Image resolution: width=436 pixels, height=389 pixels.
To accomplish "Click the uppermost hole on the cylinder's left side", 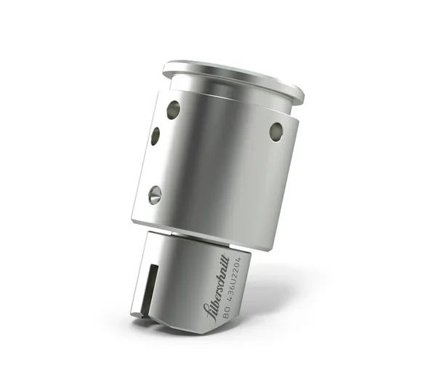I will (173, 110).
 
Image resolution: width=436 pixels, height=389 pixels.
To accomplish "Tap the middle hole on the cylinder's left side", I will (156, 136).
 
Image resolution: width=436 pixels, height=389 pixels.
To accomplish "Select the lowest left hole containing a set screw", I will (154, 193).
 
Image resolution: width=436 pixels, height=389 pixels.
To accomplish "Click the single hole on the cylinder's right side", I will (276, 132).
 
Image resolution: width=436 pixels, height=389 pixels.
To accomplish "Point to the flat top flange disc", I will (233, 76).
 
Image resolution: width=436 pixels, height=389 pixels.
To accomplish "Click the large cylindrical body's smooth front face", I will (218, 167).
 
